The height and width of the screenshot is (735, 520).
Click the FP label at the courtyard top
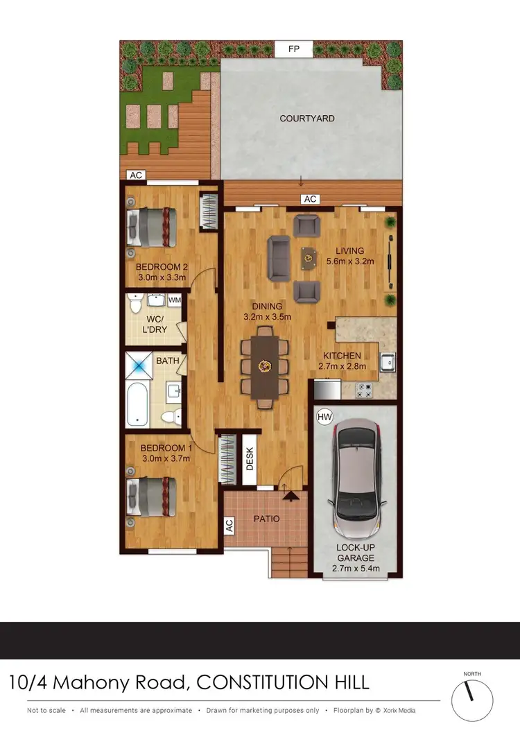tap(294, 50)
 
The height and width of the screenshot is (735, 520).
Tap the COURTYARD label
tap(307, 119)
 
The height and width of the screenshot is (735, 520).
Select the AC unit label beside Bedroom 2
tap(136, 175)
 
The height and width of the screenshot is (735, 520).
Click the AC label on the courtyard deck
tap(310, 199)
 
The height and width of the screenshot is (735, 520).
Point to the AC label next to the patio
tap(229, 526)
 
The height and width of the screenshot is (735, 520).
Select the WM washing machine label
tap(175, 300)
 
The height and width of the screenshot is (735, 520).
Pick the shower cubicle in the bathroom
tap(139, 365)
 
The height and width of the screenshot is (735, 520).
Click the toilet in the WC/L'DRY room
tap(136, 304)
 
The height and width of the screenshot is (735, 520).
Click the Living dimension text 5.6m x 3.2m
tap(350, 261)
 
